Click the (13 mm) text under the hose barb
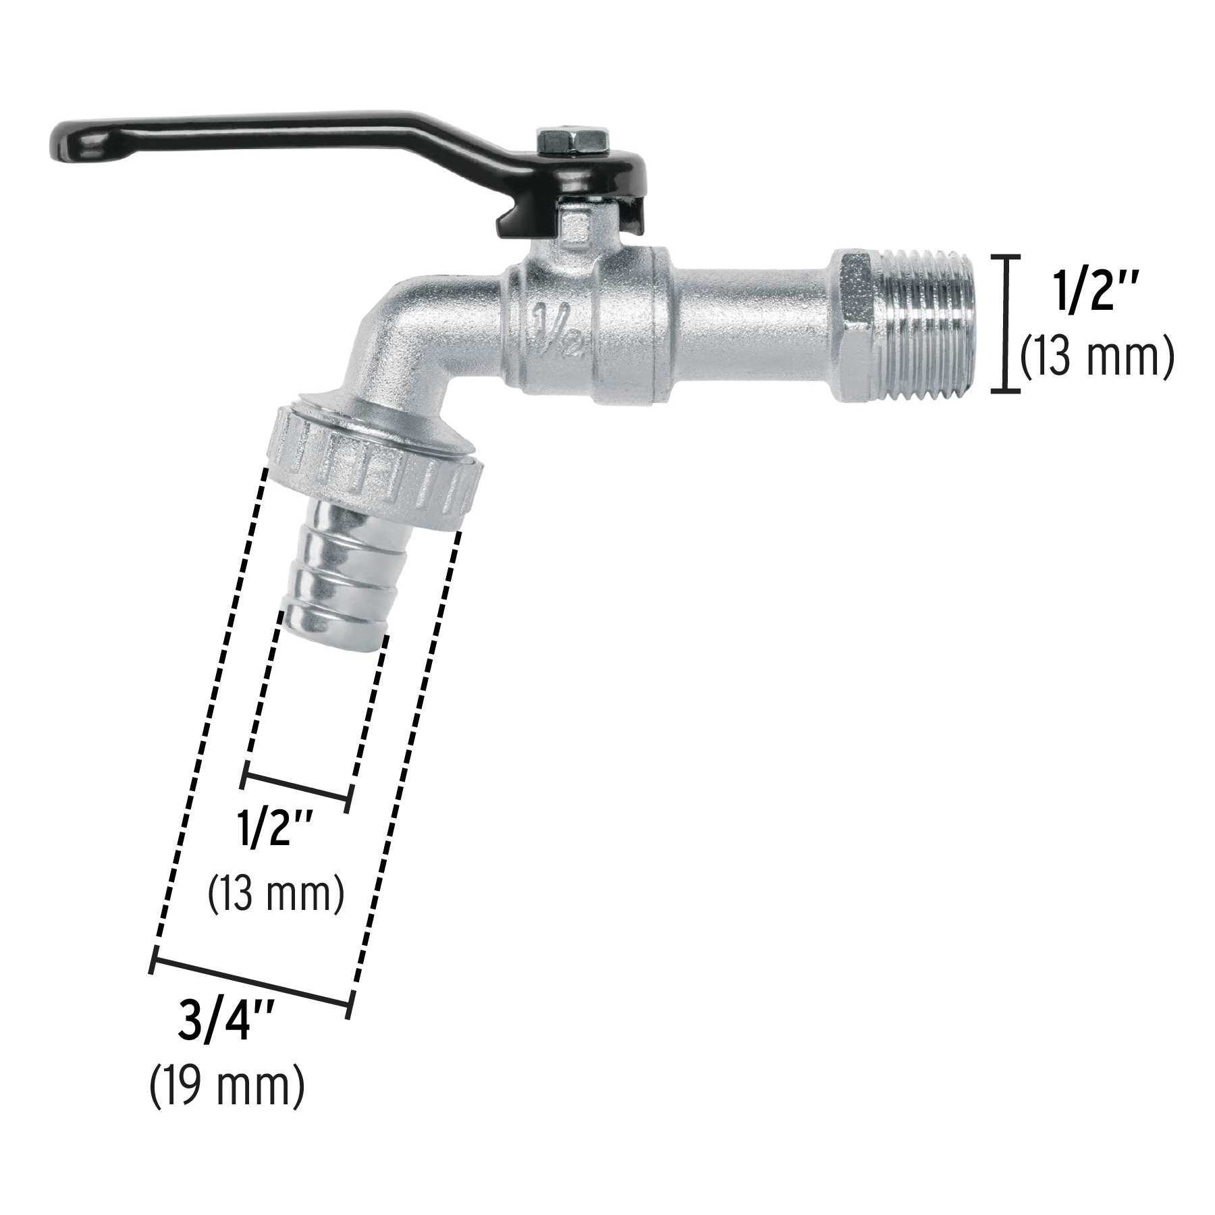pyautogui.click(x=275, y=894)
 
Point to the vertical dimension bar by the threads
pyautogui.click(x=1006, y=323)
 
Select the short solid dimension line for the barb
pyautogui.click(x=297, y=786)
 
